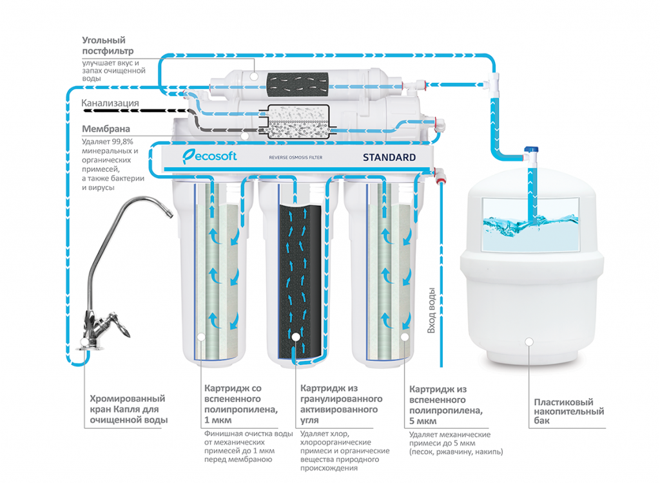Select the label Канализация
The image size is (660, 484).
(110, 103)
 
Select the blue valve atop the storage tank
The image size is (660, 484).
(532, 153)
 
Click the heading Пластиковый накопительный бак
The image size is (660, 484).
(569, 412)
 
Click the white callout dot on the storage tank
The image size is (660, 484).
(529, 342)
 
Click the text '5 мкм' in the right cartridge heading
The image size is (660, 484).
(422, 421)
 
